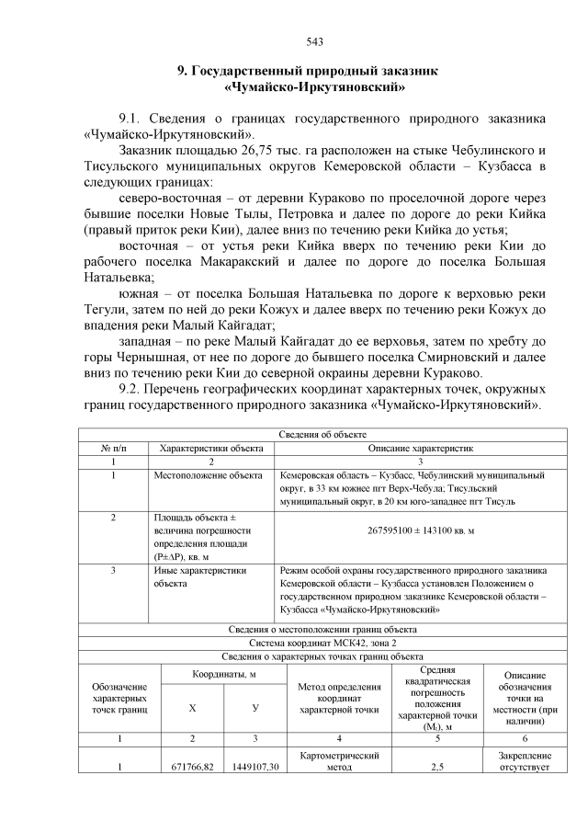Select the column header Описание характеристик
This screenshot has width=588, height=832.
(420, 447)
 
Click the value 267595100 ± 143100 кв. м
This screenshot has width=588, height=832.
(420, 531)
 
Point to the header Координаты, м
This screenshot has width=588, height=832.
(223, 675)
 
